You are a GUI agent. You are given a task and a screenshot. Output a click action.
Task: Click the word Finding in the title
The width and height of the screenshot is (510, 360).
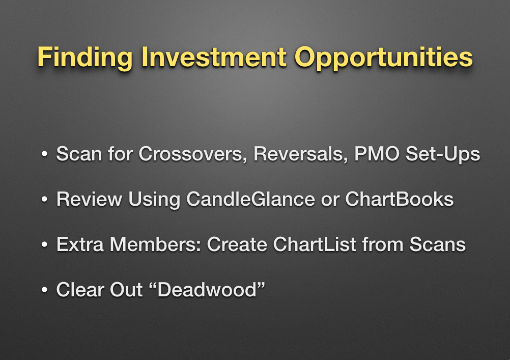85,58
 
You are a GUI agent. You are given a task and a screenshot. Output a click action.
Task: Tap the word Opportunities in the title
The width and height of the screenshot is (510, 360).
383,58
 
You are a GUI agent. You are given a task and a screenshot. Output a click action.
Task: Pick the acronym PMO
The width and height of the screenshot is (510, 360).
377,154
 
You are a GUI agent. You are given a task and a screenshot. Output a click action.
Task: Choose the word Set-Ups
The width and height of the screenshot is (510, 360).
443,154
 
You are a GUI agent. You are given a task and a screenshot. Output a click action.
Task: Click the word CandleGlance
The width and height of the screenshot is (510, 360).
251,199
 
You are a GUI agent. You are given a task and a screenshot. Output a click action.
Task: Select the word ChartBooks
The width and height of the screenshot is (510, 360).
399,199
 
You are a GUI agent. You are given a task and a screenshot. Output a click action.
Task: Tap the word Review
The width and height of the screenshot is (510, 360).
89,199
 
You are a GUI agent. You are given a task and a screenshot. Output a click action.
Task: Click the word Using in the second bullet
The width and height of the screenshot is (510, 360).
154,200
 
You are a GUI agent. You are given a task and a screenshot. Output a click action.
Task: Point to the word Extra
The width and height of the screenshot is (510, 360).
80,244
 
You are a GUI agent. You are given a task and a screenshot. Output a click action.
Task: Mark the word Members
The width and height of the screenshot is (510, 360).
155,244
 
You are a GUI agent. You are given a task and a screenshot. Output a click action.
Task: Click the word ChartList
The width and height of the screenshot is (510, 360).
315,244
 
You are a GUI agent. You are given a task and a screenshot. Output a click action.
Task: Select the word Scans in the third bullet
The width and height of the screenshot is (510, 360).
437,244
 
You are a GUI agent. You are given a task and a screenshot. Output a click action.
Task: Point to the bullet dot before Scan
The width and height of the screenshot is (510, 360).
45,154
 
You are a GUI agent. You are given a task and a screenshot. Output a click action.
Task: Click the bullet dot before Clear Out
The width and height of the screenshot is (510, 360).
45,290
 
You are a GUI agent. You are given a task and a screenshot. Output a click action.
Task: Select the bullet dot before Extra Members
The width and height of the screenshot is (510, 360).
45,244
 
